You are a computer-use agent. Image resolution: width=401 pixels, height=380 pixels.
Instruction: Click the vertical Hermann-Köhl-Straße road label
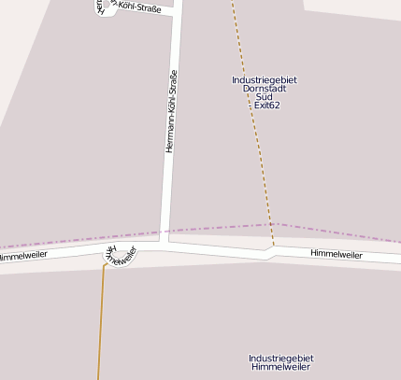pyautogui.click(x=171, y=112)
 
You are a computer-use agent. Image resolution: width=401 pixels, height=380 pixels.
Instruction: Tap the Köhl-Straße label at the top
pyautogui.click(x=138, y=8)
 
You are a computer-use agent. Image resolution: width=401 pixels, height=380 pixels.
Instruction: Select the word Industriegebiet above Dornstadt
pyautogui.click(x=265, y=80)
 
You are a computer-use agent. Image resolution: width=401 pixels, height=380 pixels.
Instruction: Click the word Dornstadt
pyautogui.click(x=265, y=89)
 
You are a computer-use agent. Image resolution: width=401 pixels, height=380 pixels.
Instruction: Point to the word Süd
pyautogui.click(x=265, y=97)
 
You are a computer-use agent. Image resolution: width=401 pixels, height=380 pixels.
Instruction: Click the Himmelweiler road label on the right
pyautogui.click(x=337, y=253)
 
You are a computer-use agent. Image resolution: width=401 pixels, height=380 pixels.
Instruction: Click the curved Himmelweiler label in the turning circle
pyautogui.click(x=120, y=256)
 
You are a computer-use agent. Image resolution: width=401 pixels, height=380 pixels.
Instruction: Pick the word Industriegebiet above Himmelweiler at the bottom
pyautogui.click(x=281, y=359)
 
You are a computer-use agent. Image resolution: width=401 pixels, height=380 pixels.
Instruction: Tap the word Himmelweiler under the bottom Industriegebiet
pyautogui.click(x=281, y=367)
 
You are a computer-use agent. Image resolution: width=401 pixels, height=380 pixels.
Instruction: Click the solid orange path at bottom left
pyautogui.click(x=101, y=327)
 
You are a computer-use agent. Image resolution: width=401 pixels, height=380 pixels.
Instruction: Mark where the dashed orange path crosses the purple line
pyautogui.click(x=271, y=224)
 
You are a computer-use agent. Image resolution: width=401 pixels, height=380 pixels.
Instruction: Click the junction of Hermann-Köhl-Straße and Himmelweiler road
pyautogui.click(x=166, y=245)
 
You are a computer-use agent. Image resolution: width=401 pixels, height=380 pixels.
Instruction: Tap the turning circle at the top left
pyautogui.click(x=105, y=7)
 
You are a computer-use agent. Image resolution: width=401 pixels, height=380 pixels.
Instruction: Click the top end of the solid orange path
pyautogui.click(x=105, y=266)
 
